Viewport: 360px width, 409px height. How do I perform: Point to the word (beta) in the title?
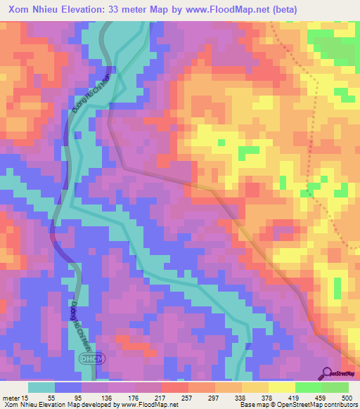tap(283, 9)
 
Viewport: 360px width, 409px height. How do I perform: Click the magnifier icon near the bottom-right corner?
tap(327, 374)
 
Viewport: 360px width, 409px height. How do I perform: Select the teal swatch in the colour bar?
tap(41, 387)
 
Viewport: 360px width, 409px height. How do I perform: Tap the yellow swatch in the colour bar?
tap(281, 387)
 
